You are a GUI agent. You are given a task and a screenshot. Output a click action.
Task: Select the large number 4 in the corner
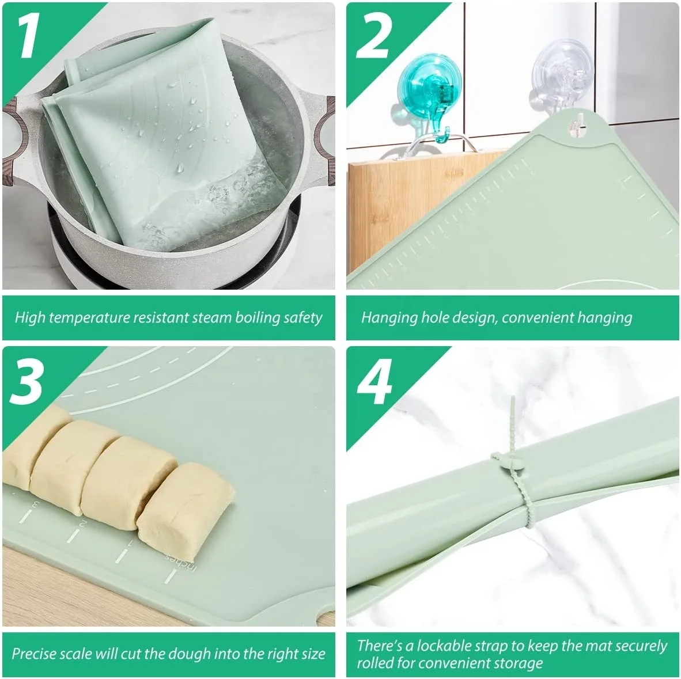click(375, 381)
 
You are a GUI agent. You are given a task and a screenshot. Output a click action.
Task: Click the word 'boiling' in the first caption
click(257, 317)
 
